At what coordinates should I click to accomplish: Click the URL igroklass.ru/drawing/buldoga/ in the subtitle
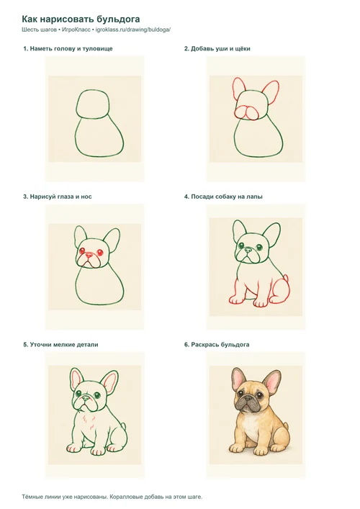click(133, 30)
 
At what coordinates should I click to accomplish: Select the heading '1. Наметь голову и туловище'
click(68, 49)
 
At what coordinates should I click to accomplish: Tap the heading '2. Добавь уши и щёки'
click(217, 49)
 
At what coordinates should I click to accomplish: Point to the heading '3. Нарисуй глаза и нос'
click(58, 197)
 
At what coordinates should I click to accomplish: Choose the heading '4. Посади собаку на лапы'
click(223, 197)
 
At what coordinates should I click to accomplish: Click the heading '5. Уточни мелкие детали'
click(60, 345)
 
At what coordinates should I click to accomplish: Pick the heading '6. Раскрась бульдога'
click(217, 345)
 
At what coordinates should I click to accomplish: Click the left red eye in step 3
click(82, 251)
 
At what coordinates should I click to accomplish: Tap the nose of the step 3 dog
click(89, 256)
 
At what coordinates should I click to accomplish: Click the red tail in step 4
click(286, 278)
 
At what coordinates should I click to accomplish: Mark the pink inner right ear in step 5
click(109, 382)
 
